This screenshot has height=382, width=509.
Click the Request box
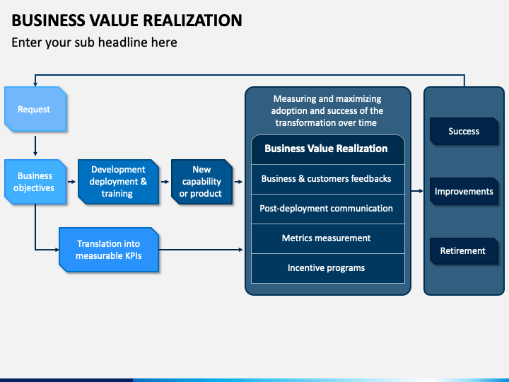35,109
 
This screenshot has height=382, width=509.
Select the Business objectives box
35,182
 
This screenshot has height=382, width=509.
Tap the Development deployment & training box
118,182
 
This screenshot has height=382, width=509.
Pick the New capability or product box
201,182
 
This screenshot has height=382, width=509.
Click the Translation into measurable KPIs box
109,250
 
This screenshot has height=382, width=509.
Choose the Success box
464,132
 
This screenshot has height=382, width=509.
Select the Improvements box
464,191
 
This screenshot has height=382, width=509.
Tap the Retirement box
464,250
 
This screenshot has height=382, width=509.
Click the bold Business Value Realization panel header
326,149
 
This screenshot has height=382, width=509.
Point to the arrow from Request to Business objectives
35,146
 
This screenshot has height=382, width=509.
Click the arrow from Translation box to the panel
201,250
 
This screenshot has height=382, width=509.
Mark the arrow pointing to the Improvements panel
417,191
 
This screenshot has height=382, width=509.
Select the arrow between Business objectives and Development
71,182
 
